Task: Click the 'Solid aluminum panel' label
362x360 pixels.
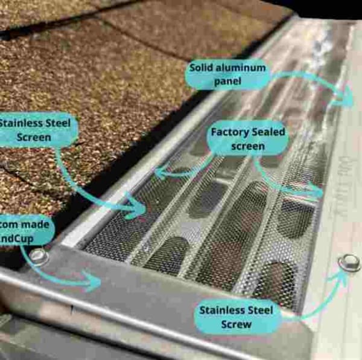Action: [x=227, y=74]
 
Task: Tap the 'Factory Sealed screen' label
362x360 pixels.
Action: [x=247, y=139]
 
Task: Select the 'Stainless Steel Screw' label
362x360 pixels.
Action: [x=237, y=317]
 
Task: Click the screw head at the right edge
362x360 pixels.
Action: [x=349, y=263]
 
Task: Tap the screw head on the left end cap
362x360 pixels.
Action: [x=39, y=256]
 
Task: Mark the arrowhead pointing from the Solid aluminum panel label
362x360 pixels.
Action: [x=350, y=98]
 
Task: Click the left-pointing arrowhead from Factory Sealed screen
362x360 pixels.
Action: [x=159, y=173]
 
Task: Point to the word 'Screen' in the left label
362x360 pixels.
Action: [x=34, y=138]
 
